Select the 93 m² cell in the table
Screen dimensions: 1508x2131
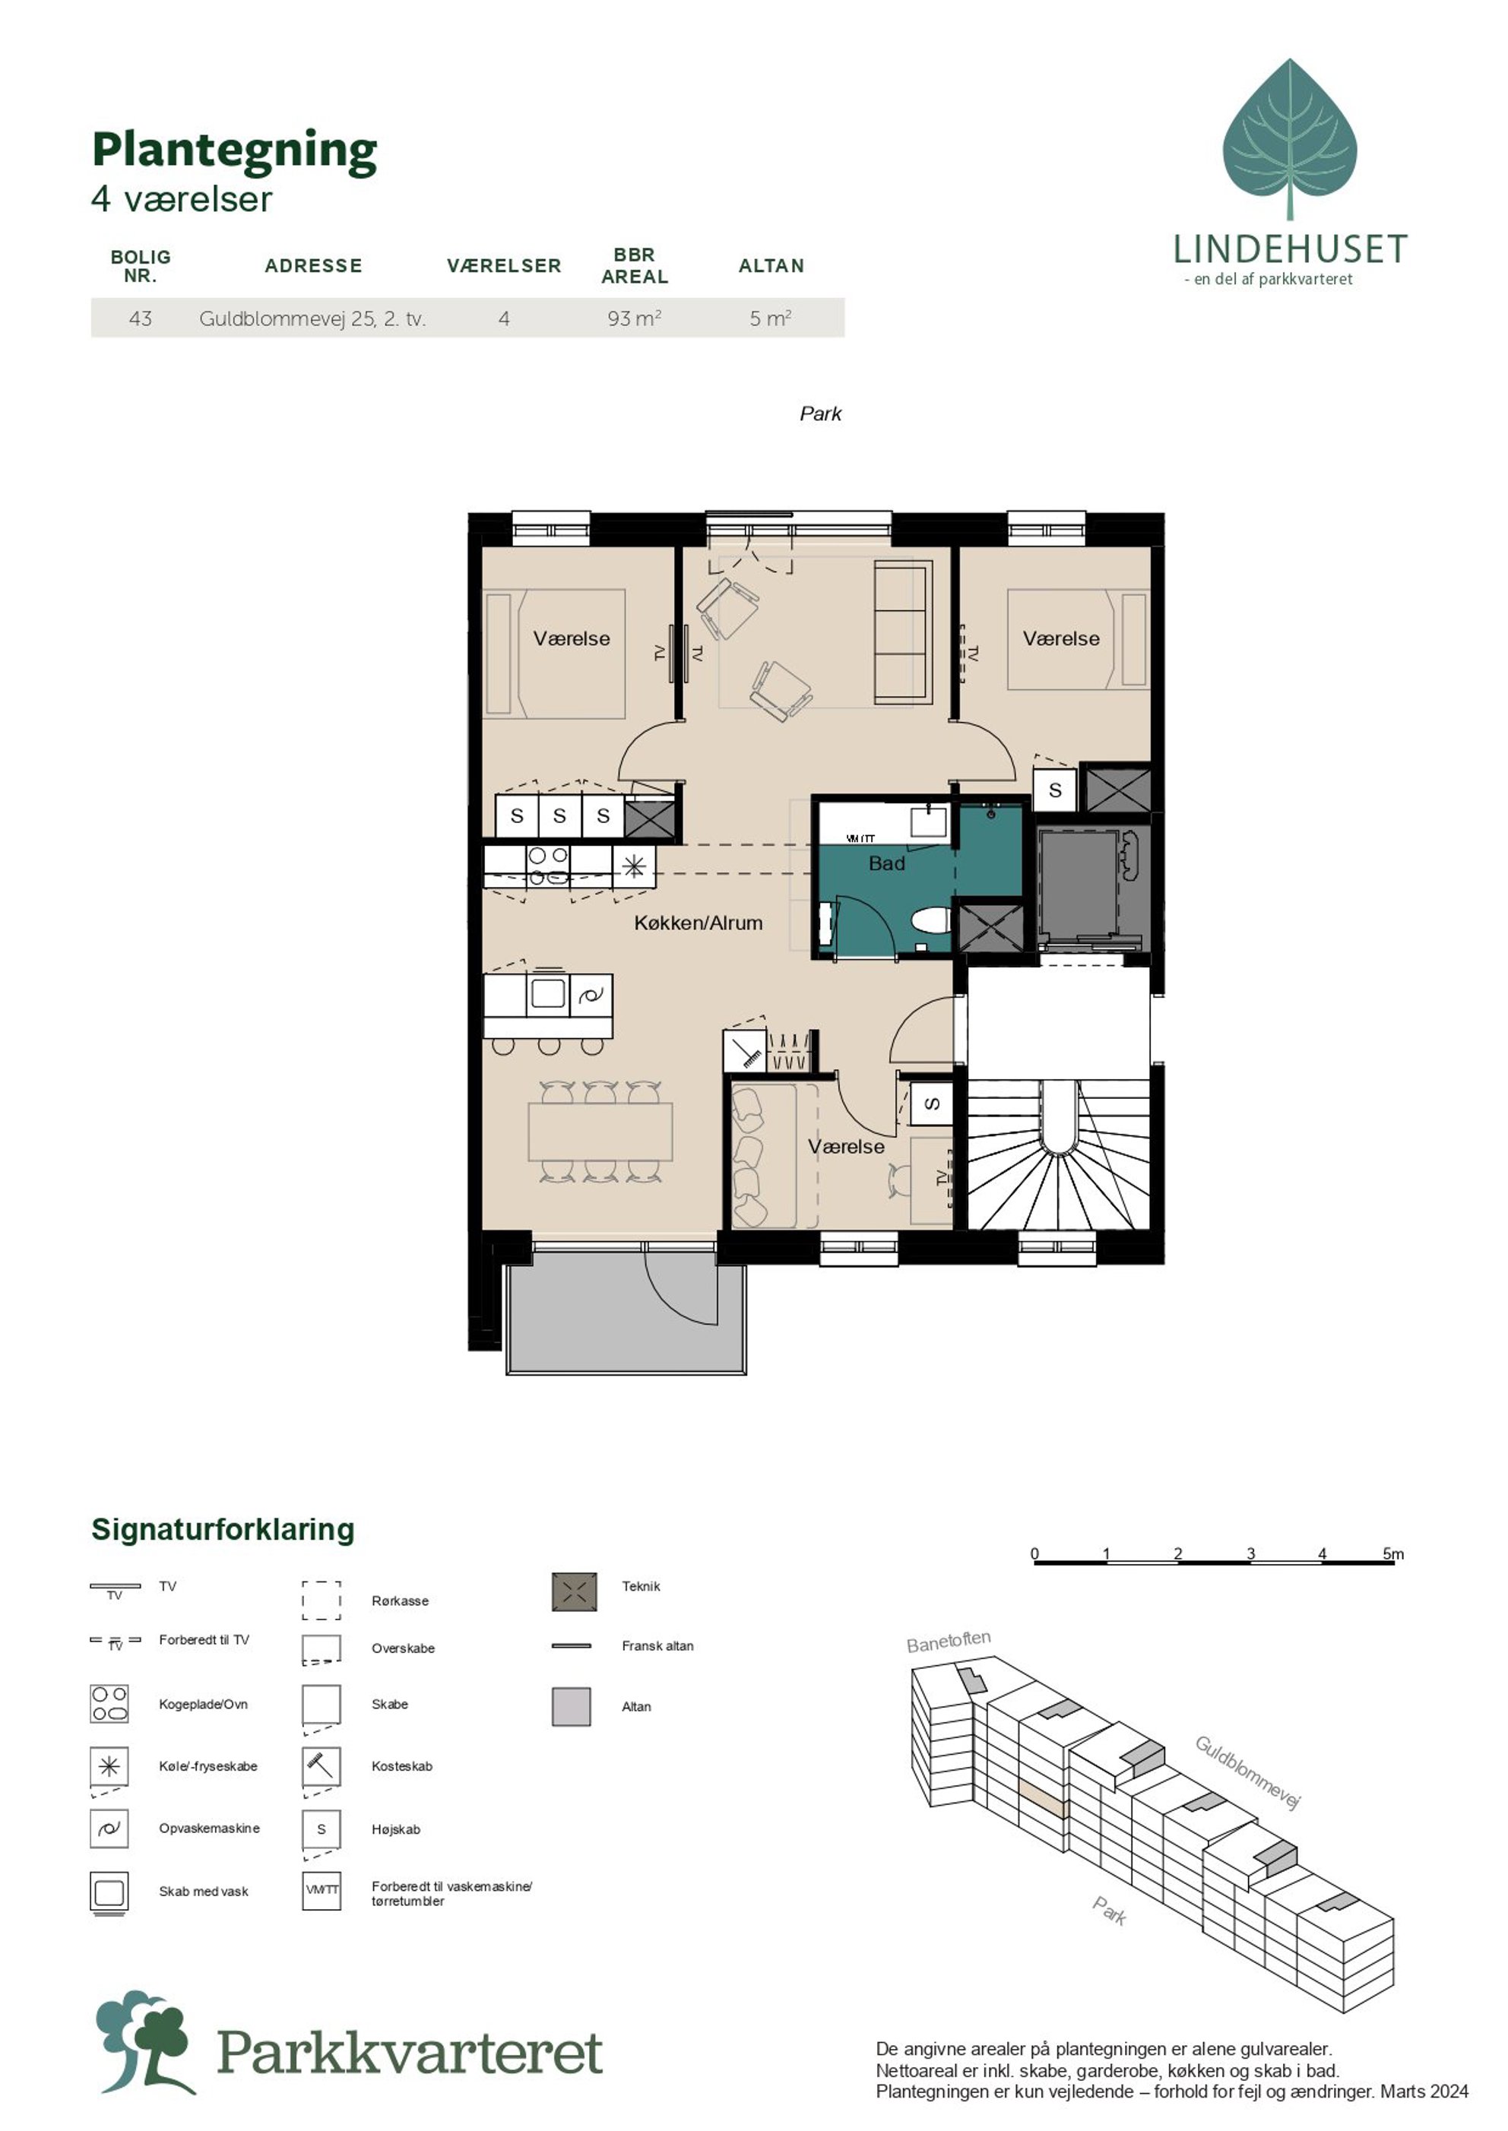[634, 318]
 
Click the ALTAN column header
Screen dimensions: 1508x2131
[771, 265]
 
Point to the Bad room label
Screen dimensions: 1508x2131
[887, 863]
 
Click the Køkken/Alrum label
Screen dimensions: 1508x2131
[699, 923]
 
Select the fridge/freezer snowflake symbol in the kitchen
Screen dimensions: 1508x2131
[634, 866]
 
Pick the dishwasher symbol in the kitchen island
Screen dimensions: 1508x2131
[591, 996]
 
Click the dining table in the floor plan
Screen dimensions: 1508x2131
[600, 1131]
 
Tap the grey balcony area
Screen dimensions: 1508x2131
[626, 1312]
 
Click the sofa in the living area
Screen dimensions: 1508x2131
[901, 632]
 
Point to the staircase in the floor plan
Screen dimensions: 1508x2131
[1059, 1155]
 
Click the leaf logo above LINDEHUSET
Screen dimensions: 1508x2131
[1290, 139]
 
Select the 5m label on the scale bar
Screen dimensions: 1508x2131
[1393, 1553]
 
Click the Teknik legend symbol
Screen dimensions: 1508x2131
[574, 1591]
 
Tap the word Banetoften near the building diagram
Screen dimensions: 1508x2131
[948, 1641]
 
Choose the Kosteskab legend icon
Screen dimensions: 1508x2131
[322, 1765]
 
